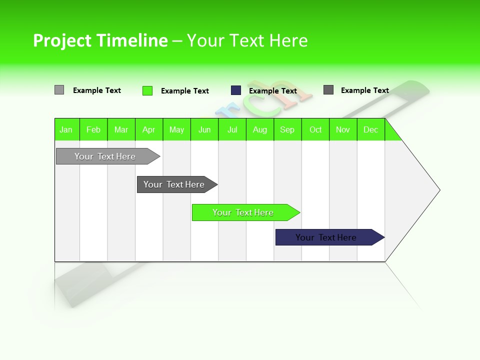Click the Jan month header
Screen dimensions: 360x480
coord(66,129)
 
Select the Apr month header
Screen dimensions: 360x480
coord(149,129)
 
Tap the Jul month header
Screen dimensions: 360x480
coord(232,129)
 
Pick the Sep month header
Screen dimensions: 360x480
coord(287,129)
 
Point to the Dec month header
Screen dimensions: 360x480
coord(370,129)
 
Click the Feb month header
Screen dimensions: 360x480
coord(93,129)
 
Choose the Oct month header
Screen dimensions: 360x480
coord(315,129)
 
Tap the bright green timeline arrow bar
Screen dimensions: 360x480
coord(243,212)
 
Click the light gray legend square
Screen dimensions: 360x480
coord(59,90)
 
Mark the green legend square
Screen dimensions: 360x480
coord(147,90)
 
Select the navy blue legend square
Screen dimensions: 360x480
coord(236,90)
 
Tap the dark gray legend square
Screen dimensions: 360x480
coord(328,90)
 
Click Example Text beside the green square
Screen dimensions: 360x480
coord(185,91)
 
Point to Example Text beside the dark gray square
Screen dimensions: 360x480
coord(365,90)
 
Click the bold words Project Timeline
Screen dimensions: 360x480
coord(100,40)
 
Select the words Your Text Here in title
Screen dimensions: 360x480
coord(247,40)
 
